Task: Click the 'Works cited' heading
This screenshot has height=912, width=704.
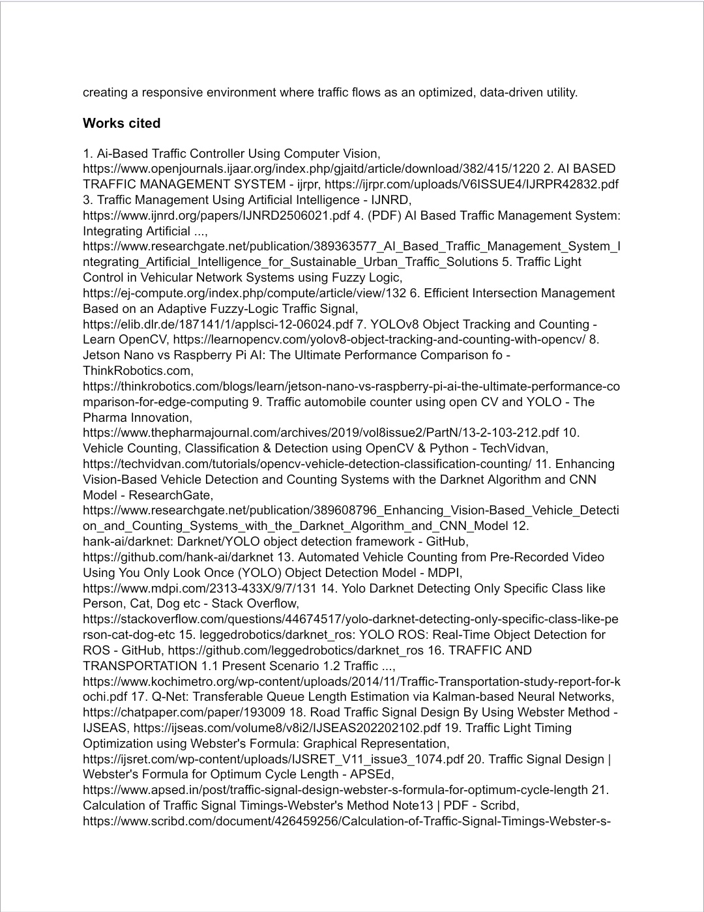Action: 121,123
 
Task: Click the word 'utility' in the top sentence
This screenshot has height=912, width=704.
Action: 560,92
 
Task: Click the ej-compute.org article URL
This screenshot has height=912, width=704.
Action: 244,293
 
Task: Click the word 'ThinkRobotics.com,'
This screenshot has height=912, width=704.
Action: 138,371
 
